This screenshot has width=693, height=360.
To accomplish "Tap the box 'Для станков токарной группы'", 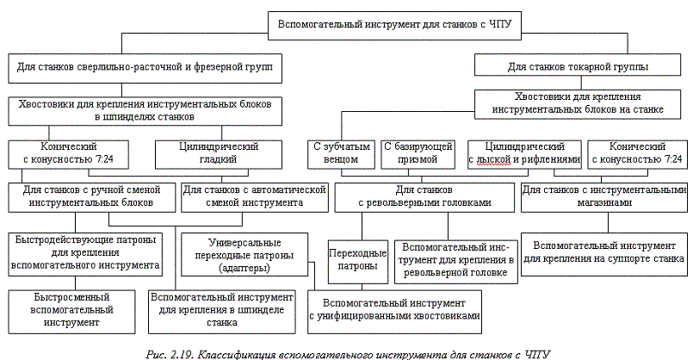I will (578, 65).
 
